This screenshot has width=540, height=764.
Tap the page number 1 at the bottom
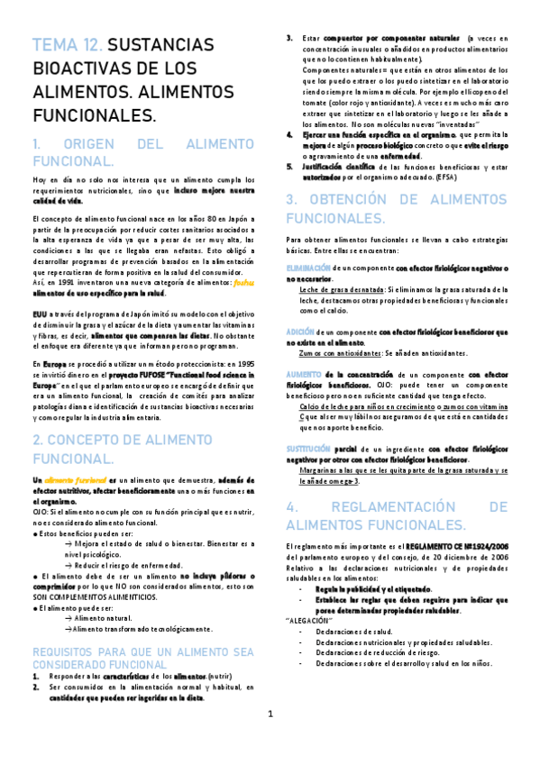click(x=270, y=740)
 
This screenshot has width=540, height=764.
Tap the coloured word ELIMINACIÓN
click(x=307, y=268)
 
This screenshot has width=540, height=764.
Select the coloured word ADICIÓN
click(x=300, y=332)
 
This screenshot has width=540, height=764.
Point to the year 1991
click(x=61, y=282)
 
